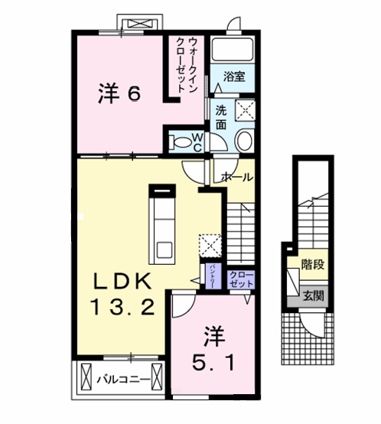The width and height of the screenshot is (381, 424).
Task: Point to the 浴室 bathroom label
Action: pyautogui.click(x=234, y=77)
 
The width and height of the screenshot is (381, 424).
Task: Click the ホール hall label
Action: pyautogui.click(x=236, y=177)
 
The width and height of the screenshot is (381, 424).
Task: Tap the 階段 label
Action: pyautogui.click(x=311, y=268)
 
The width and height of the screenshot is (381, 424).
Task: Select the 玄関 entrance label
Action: pyautogui.click(x=311, y=295)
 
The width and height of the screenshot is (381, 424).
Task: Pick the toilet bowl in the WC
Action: pyautogui.click(x=183, y=142)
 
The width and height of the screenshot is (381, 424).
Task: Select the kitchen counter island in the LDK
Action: pyautogui.click(x=162, y=221)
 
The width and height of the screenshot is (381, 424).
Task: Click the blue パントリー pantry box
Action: pyautogui.click(x=209, y=274)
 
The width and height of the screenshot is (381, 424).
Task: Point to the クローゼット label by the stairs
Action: pyautogui.click(x=239, y=279)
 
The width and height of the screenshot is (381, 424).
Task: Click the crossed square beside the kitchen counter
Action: pyautogui.click(x=209, y=246)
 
